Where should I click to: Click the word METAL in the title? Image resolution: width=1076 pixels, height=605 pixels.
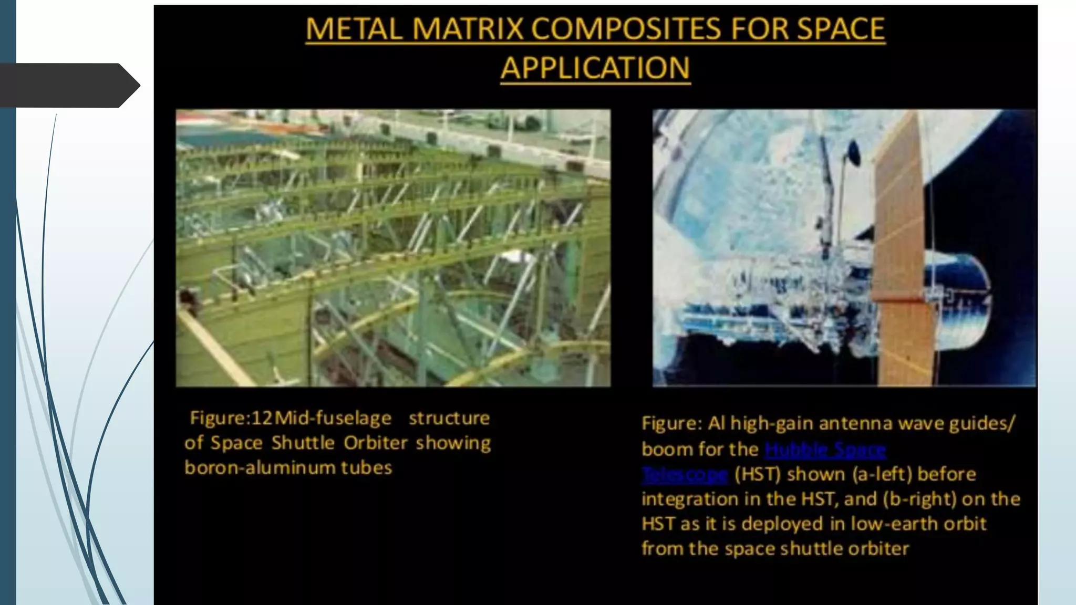pos(354,29)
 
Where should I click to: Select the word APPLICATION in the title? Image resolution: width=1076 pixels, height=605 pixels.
pos(595,68)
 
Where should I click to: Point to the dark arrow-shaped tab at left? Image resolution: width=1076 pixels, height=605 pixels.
pos(68,85)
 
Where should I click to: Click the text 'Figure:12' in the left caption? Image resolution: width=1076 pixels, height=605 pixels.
pos(231,418)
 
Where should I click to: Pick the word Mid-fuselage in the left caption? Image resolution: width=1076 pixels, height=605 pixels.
pos(333,418)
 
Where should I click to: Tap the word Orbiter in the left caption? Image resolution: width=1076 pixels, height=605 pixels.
pos(375,443)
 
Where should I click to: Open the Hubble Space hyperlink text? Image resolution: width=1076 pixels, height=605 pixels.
pos(825,450)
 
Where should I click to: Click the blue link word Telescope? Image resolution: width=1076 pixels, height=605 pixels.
pos(685,475)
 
